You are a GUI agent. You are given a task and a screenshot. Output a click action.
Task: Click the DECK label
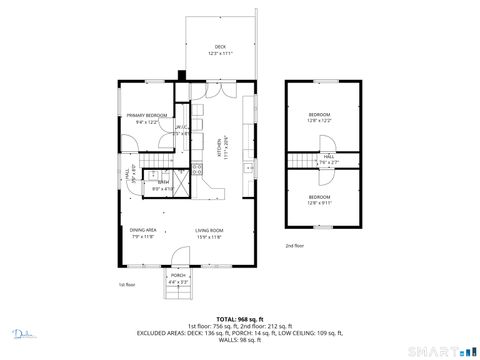coord(220,48)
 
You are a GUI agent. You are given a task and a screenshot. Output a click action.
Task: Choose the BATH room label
coord(162,183)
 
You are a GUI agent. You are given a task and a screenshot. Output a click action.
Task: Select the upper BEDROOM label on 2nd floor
coord(319,115)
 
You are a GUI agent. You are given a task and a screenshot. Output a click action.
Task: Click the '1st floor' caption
coord(127,284)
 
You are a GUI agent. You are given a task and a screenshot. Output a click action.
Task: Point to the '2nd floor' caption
coord(295,245)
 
